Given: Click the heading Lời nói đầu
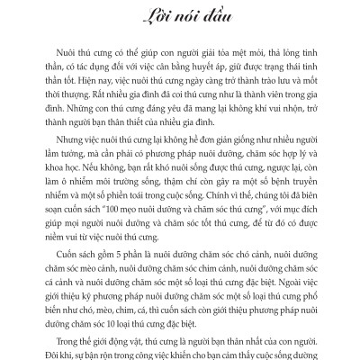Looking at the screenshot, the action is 179,20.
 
